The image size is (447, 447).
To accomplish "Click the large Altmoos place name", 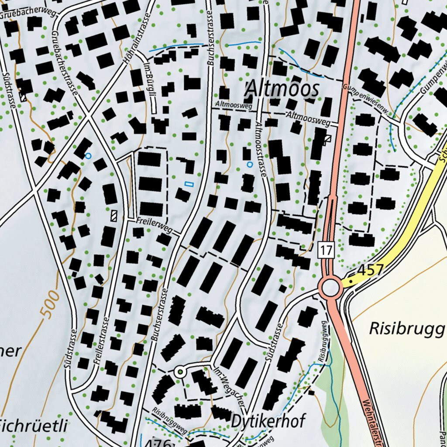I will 282,89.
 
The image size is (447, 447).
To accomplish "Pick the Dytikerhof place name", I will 268,421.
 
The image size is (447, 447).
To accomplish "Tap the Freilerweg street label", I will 154,225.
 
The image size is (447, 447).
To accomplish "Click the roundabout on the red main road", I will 330,288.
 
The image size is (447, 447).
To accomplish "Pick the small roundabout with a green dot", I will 180,372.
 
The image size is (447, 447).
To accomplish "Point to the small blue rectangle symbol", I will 189,184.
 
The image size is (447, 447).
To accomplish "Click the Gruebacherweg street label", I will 28,13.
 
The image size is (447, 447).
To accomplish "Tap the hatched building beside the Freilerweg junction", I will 115,216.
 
